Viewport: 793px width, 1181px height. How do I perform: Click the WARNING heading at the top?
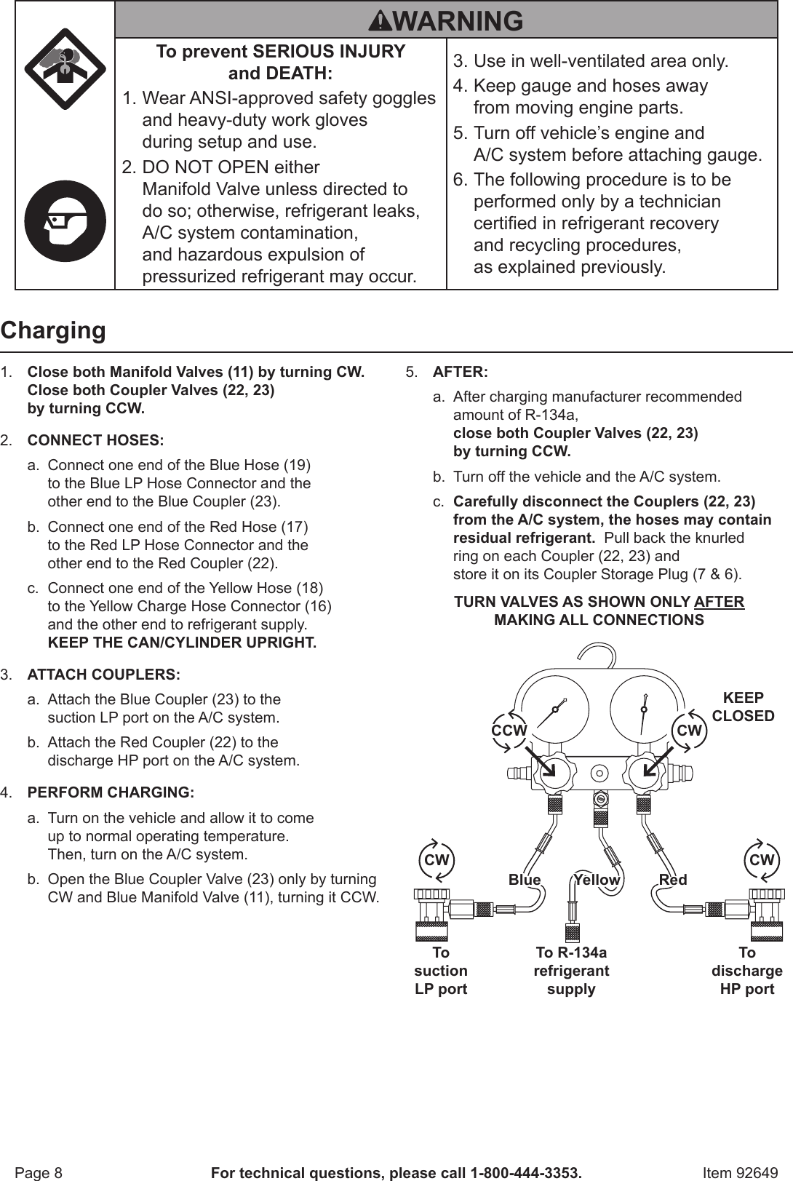[x=446, y=20]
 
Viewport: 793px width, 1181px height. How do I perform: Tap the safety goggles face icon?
[x=65, y=221]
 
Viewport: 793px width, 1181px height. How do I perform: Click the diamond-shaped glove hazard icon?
[x=65, y=69]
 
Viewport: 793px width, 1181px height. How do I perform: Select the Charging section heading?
[x=53, y=330]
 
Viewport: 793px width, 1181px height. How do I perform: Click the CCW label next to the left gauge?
[x=509, y=730]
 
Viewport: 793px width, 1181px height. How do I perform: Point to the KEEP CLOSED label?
[x=743, y=707]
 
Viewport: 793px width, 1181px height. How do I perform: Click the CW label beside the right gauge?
[x=689, y=730]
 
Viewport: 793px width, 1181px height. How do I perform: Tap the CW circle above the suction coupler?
[x=437, y=859]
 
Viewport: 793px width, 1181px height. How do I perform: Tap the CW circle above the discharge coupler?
[x=762, y=859]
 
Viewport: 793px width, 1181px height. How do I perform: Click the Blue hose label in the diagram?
[x=525, y=880]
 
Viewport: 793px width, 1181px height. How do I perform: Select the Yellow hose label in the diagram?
[x=597, y=880]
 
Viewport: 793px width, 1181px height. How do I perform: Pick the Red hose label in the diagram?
[x=673, y=880]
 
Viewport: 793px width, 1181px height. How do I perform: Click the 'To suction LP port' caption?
[x=441, y=971]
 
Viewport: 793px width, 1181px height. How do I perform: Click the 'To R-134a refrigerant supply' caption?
[x=571, y=971]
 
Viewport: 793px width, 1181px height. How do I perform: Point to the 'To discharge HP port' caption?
[x=747, y=971]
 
